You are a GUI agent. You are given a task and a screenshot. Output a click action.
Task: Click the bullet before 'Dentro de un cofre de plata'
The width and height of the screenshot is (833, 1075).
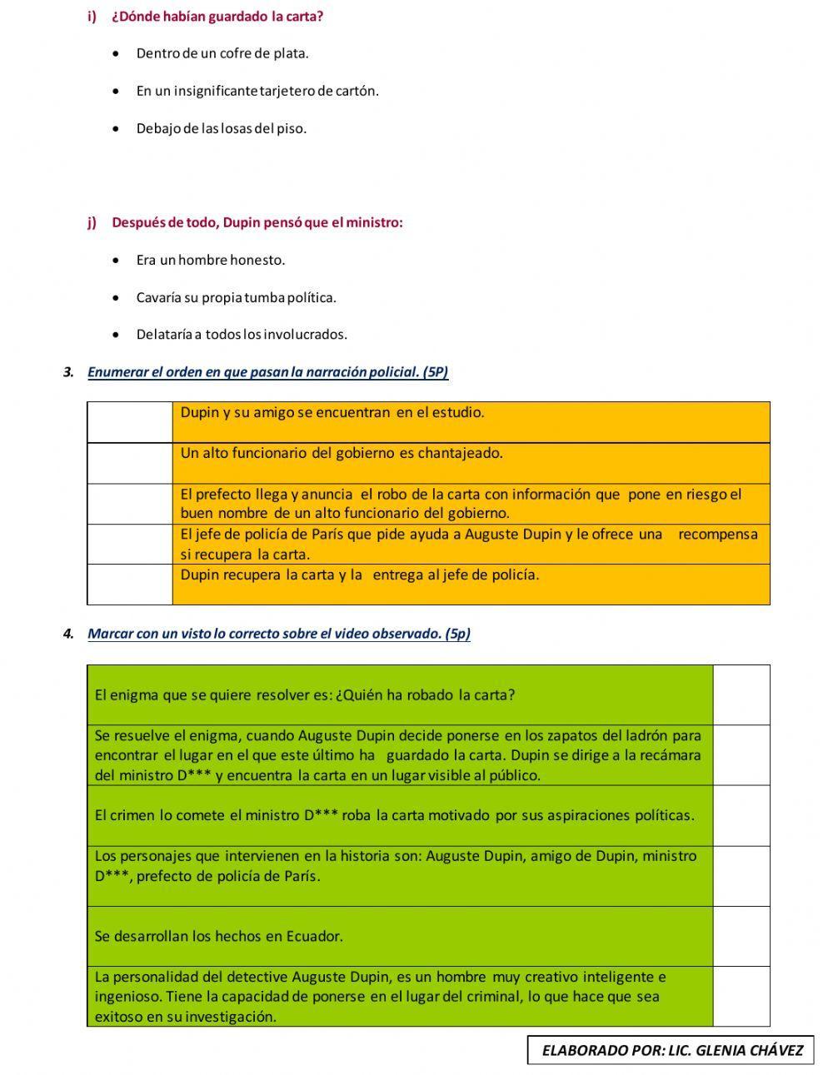pyautogui.click(x=116, y=53)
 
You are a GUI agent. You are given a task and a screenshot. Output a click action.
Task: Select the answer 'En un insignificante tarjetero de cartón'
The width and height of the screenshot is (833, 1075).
pyautogui.click(x=257, y=91)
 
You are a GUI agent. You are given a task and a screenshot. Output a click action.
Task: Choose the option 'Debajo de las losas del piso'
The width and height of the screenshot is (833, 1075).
pyautogui.click(x=222, y=128)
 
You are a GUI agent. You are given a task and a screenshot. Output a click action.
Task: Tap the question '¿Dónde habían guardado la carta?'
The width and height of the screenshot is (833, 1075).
pyautogui.click(x=217, y=17)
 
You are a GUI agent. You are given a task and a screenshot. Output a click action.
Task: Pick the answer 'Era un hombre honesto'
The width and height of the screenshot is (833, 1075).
pyautogui.click(x=211, y=260)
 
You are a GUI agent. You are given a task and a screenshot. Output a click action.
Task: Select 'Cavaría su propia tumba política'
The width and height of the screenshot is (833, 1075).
pyautogui.click(x=237, y=297)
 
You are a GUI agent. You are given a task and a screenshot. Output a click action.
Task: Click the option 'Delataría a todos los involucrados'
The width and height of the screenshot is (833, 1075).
pyautogui.click(x=242, y=335)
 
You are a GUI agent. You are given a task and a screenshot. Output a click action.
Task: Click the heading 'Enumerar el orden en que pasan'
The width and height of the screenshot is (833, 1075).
pyautogui.click(x=267, y=372)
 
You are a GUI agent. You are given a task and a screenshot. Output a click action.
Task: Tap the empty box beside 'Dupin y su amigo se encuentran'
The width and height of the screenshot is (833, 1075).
pyautogui.click(x=130, y=422)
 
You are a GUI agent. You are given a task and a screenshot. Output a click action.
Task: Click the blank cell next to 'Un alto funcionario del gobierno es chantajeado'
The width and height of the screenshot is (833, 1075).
pyautogui.click(x=130, y=463)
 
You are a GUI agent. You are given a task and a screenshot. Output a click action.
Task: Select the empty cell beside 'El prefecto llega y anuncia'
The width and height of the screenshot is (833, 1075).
pyautogui.click(x=130, y=504)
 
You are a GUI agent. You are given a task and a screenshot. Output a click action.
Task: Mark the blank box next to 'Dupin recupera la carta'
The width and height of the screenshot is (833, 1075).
pyautogui.click(x=130, y=585)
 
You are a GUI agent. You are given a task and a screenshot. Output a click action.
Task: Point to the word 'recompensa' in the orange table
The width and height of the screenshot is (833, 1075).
pyautogui.click(x=718, y=535)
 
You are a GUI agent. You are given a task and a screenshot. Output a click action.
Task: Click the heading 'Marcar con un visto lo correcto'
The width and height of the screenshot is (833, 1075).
pyautogui.click(x=278, y=634)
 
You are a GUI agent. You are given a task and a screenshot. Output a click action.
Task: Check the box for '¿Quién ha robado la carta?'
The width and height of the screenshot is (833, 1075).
pyautogui.click(x=741, y=695)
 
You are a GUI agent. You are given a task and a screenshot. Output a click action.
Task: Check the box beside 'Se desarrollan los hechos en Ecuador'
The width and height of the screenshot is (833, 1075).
pyautogui.click(x=741, y=936)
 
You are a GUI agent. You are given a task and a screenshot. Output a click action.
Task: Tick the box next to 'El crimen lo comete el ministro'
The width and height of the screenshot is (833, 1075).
pyautogui.click(x=741, y=816)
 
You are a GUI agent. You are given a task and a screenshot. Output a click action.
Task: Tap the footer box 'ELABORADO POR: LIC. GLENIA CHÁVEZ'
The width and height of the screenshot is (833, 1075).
pyautogui.click(x=671, y=1050)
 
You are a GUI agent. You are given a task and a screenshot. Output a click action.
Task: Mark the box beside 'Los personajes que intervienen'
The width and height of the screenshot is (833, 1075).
pyautogui.click(x=741, y=876)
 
